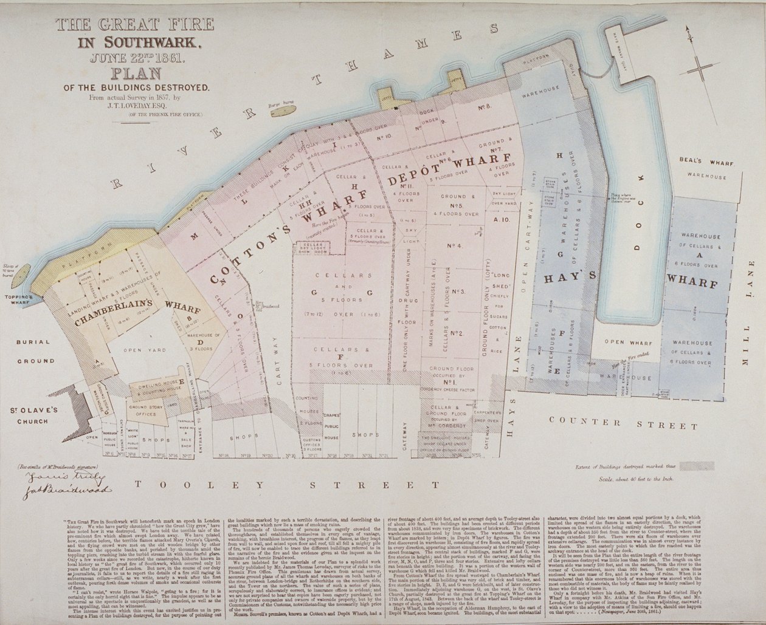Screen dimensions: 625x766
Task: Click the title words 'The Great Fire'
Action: pos(134,25)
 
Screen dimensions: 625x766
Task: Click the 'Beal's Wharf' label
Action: pos(703,163)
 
